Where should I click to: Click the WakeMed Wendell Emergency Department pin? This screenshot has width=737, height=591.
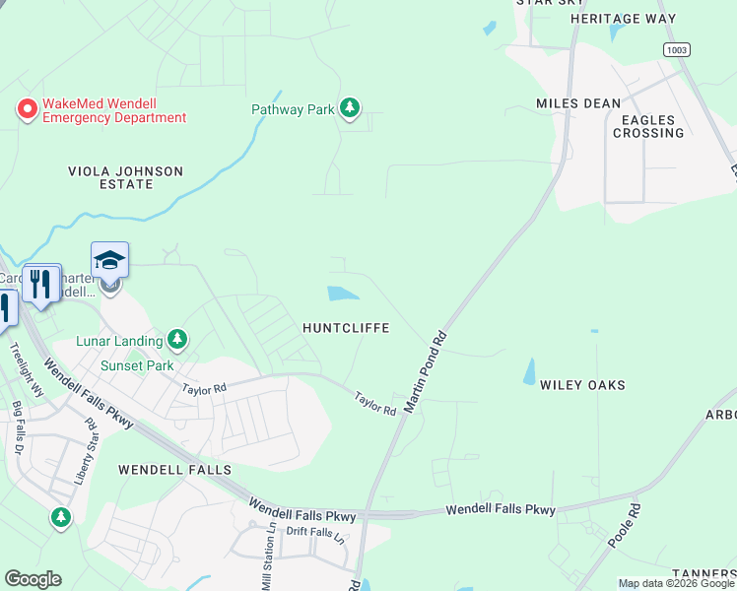27,108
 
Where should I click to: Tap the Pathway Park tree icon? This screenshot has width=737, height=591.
349,108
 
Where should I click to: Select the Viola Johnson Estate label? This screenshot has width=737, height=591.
125,177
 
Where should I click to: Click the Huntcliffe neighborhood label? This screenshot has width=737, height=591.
346,327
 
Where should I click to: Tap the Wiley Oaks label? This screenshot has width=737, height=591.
582,385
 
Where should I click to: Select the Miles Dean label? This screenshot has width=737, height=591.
578,102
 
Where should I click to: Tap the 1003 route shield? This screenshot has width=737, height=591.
677,49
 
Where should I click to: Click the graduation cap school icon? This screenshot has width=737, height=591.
109,260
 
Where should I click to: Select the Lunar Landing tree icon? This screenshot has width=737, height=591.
177,341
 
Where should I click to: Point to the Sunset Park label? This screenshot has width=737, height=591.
137,365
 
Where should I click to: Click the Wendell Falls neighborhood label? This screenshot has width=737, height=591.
174,470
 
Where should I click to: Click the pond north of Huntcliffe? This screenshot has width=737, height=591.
342,293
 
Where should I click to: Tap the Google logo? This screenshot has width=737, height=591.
33,579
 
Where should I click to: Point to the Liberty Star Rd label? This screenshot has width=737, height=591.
84,453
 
